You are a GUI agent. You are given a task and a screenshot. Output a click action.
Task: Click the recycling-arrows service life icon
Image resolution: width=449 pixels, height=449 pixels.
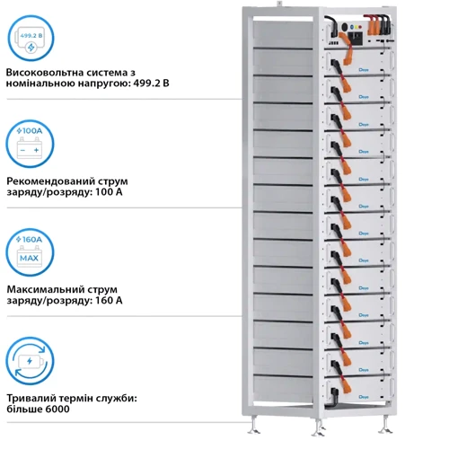[x=28, y=364]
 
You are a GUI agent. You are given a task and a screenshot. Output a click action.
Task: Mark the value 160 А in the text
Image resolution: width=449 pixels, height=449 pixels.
[x=107, y=304]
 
